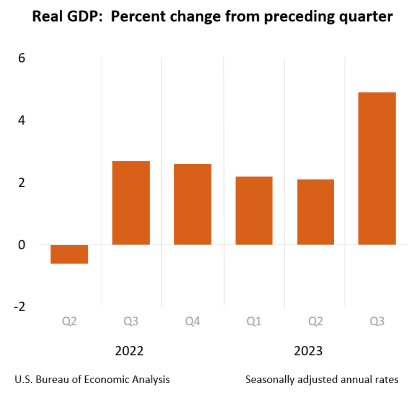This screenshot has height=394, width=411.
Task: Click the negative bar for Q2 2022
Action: (x=69, y=254)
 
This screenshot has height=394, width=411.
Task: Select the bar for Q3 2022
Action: (x=131, y=203)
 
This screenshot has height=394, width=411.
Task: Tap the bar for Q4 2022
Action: (x=193, y=204)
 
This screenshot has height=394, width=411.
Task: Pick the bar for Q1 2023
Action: (x=254, y=210)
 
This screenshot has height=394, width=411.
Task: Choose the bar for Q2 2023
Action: (x=315, y=212)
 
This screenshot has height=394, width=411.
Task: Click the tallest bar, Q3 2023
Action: (x=377, y=169)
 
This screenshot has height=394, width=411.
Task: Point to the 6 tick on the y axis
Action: (x=22, y=58)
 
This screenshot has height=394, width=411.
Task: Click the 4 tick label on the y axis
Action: (x=22, y=121)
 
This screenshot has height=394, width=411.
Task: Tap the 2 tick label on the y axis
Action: (x=22, y=183)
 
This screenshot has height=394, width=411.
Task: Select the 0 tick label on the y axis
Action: (x=22, y=245)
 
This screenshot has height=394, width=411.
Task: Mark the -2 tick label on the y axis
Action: (x=19, y=307)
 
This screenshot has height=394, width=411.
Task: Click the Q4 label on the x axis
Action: (x=193, y=322)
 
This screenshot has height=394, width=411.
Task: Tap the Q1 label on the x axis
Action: (x=254, y=322)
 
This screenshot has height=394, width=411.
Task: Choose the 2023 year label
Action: (x=308, y=351)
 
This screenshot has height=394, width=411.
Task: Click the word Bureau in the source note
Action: (x=55, y=379)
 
